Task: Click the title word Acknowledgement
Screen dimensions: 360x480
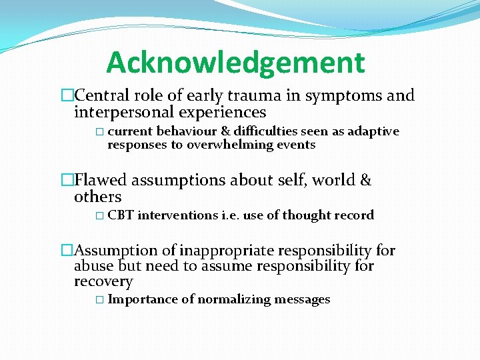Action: (235, 63)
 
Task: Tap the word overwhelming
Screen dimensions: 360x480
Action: (231, 145)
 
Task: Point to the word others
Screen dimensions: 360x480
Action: (98, 197)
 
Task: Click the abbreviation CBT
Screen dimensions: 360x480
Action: (121, 215)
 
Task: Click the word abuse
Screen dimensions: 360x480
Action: (93, 266)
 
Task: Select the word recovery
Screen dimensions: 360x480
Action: (103, 281)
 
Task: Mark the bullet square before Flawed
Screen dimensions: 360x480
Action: (66, 180)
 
